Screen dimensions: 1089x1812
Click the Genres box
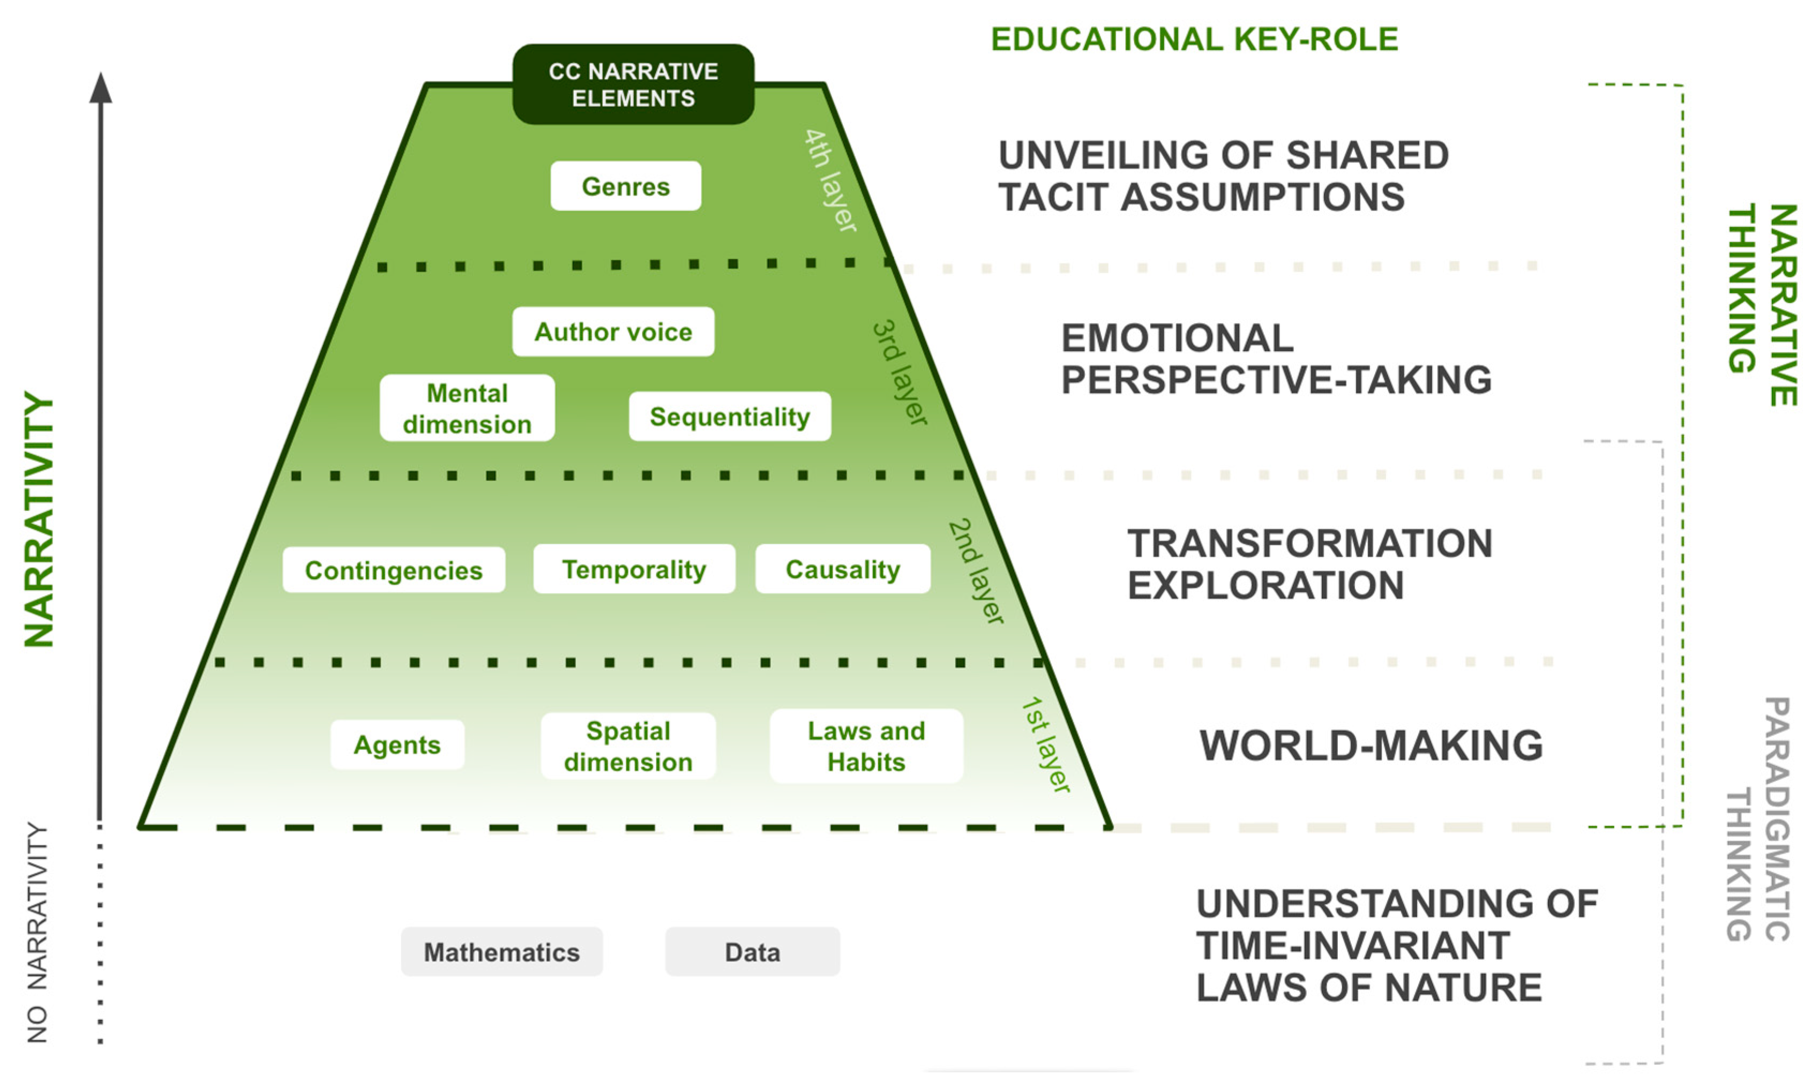tap(625, 186)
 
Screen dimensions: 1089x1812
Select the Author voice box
tap(613, 332)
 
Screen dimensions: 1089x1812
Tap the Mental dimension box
tap(467, 409)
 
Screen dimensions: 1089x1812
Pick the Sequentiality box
tap(730, 417)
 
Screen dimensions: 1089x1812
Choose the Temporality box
tap(634, 569)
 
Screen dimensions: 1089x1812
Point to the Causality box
tap(843, 569)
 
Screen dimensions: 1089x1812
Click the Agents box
tap(397, 745)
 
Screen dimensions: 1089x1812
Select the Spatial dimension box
tap(628, 746)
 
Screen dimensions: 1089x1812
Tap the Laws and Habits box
tap(866, 746)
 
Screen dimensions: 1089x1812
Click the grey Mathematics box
tap(501, 952)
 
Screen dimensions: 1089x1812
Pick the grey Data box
tap(752, 952)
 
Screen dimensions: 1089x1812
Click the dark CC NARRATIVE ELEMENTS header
tap(633, 85)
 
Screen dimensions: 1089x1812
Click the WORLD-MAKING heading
tap(1371, 746)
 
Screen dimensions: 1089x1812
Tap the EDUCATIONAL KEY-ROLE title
tap(1194, 40)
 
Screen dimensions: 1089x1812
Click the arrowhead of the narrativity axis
tap(101, 88)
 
